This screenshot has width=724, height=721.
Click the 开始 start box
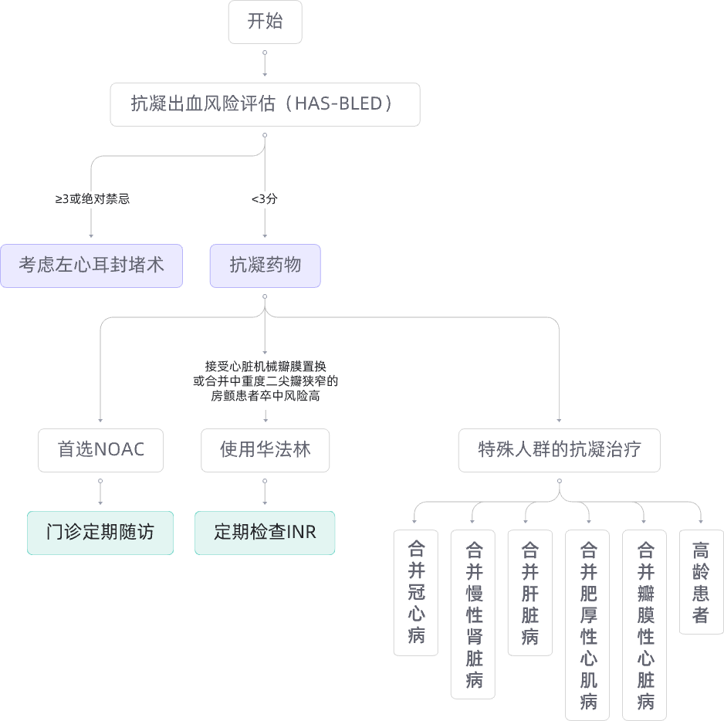click(265, 22)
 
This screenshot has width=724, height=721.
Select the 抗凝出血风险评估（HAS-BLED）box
click(265, 104)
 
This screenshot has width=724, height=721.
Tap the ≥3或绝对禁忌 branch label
click(92, 198)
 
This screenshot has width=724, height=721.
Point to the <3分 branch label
click(265, 198)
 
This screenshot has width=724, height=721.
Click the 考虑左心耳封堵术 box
click(91, 266)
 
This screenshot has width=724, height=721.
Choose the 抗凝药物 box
click(265, 266)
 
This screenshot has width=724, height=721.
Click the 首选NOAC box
click(100, 450)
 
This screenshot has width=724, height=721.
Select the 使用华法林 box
click(265, 450)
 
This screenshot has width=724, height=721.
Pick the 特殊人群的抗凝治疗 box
click(559, 450)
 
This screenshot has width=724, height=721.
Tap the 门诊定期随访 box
click(100, 532)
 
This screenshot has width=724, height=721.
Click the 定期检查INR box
click(265, 532)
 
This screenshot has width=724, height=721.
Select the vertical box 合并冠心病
click(416, 592)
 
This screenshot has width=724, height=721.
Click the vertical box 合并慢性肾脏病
click(473, 614)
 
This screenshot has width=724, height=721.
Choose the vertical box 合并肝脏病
click(530, 592)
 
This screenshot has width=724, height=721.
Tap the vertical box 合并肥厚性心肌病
click(588, 625)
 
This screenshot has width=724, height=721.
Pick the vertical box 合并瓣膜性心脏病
click(645, 625)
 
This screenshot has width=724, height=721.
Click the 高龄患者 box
click(701, 581)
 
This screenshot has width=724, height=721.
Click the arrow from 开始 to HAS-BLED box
click(265, 65)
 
